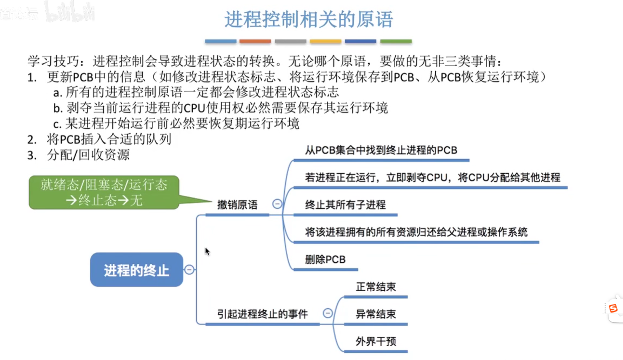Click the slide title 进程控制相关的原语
[x=308, y=19]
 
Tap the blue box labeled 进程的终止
[x=137, y=270]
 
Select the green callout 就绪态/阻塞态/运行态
[x=104, y=192]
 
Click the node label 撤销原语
[x=237, y=205]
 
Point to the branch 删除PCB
[x=325, y=259]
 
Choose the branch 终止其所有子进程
[x=345, y=205]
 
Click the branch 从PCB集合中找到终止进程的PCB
[x=381, y=150]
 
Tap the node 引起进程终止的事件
[x=262, y=314]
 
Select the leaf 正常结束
[x=376, y=287]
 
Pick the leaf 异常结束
[x=376, y=314]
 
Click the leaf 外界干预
[x=376, y=341]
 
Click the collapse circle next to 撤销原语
[x=277, y=204]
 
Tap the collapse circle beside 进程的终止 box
[x=189, y=270]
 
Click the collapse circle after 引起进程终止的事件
[x=328, y=313]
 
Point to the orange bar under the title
[x=255, y=41]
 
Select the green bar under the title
[x=396, y=41]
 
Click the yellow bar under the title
[x=325, y=41]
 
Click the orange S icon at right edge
[x=613, y=308]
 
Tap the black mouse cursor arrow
[x=207, y=251]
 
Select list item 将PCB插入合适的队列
[x=109, y=139]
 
